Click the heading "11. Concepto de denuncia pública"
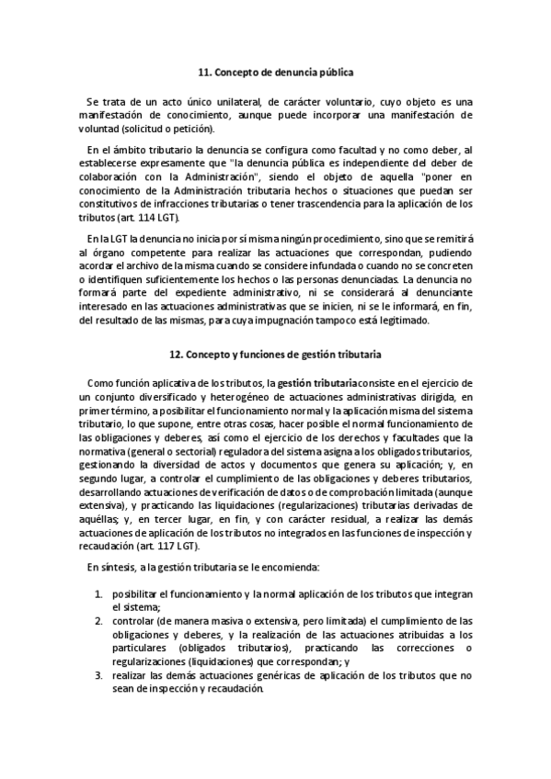coord(275,71)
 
